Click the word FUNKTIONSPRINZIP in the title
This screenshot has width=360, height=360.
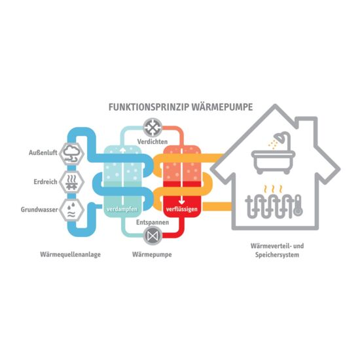click(149, 107)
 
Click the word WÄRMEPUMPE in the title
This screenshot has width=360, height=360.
click(222, 107)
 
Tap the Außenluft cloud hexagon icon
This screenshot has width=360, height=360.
click(71, 154)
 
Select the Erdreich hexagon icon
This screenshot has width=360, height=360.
click(71, 182)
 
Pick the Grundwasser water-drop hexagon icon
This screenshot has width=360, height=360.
click(71, 210)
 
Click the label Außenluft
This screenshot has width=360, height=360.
click(43, 153)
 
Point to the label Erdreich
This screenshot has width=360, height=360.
click(45, 182)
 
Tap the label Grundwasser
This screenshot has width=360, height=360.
click(39, 209)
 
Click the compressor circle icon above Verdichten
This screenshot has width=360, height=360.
click(153, 128)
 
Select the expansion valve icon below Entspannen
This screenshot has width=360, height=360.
click(153, 236)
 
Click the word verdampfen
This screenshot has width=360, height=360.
click(122, 209)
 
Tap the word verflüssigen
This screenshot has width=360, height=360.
click(181, 209)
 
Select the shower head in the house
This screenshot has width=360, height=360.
click(282, 137)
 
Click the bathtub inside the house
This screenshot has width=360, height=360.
click(273, 162)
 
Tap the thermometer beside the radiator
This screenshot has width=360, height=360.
click(298, 206)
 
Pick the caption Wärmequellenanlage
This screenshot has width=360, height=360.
click(70, 255)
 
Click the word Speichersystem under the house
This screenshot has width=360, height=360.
click(277, 255)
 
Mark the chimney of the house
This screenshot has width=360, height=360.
click(307, 131)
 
